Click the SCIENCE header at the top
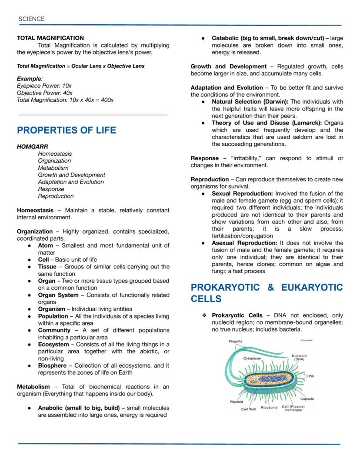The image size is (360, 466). coord(31,19)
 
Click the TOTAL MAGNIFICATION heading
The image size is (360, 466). coord(50,38)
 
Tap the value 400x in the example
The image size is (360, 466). coord(107,100)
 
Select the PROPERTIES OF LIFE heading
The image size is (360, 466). coord(66,130)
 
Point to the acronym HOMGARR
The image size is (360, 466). coord(32,147)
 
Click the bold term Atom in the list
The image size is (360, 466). coord(45,245)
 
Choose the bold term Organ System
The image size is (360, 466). coord(58,295)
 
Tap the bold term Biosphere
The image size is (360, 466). coord(52,365)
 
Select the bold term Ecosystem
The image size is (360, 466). coord(53,344)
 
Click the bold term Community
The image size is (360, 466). coord(54,330)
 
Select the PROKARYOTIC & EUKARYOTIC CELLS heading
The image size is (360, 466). coord(267,293)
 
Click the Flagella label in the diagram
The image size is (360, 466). coord(236,342)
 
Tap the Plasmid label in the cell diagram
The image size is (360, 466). coord(236,402)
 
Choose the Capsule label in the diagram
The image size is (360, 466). coord(307,399)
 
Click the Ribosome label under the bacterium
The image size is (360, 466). coord(269,407)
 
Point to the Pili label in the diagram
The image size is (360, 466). coord(311,375)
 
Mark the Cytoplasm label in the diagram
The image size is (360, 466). coord(252,358)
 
